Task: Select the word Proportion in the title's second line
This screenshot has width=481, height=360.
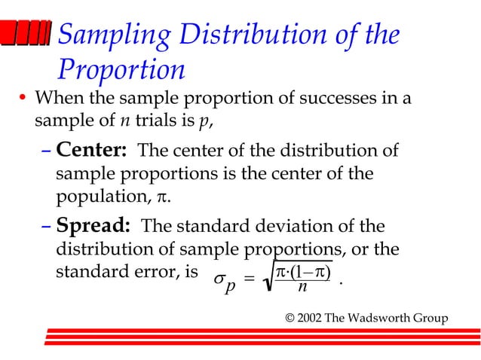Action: click(121, 69)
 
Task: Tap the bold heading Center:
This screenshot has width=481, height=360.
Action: click(91, 150)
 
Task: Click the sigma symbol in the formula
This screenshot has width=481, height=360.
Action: click(218, 279)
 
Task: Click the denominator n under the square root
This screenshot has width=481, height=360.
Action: click(302, 287)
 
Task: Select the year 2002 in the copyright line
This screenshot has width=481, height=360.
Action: click(312, 317)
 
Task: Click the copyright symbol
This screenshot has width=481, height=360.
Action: click(290, 317)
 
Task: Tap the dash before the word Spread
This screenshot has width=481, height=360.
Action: click(45, 227)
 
